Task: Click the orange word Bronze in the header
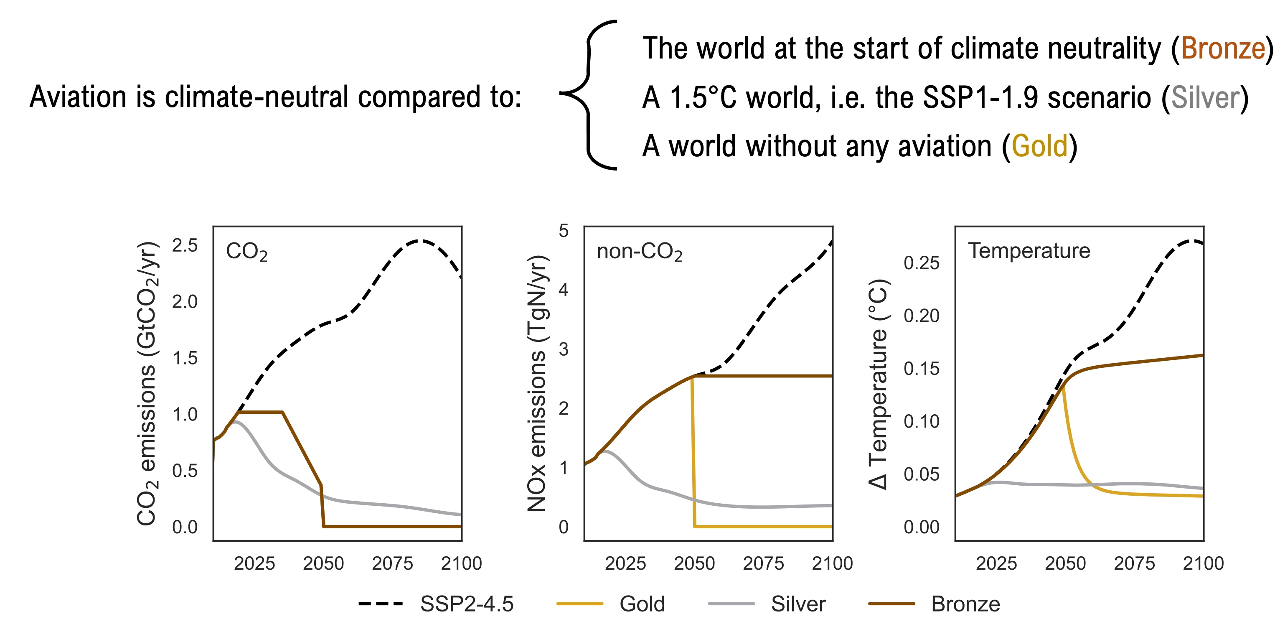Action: [x=1222, y=48]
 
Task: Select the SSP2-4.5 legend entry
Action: [x=436, y=604]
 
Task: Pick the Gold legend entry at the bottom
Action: [x=611, y=604]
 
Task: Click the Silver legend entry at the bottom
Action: [x=767, y=604]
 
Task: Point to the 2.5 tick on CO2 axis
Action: [x=185, y=246]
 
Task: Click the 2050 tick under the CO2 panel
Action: [x=323, y=564]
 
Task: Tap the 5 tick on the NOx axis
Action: [x=563, y=231]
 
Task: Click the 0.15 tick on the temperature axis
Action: [x=921, y=369]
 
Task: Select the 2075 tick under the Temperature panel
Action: [x=1134, y=564]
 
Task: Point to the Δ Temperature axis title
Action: [x=879, y=385]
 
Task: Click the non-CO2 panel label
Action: [x=639, y=252]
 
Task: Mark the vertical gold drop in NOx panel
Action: [x=693, y=451]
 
